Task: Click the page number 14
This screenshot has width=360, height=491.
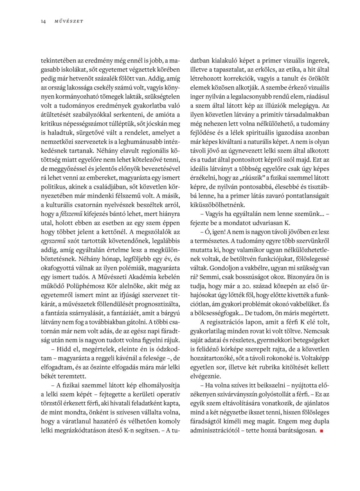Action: click(43, 21)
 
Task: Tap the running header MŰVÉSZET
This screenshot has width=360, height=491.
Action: click(69, 21)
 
